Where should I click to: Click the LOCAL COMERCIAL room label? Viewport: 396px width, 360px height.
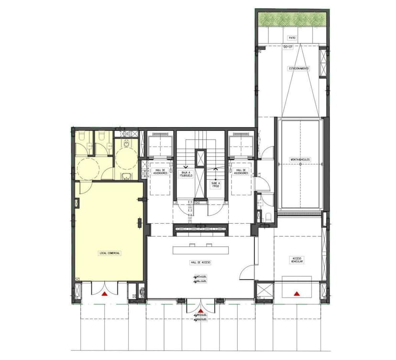click(110, 253)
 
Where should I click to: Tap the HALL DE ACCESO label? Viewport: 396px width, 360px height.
click(200, 263)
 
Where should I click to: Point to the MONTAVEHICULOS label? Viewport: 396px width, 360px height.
click(300, 159)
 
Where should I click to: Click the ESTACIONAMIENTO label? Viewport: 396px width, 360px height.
click(298, 68)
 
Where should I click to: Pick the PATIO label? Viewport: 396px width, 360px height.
click(291, 37)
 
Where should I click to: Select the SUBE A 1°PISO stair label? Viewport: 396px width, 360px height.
click(215, 185)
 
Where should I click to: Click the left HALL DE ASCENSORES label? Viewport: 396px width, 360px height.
click(159, 172)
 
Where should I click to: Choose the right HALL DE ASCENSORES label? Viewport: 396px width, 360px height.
click(241, 172)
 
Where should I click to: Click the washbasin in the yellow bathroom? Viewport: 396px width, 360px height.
click(126, 178)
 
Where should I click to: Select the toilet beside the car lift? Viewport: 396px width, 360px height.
click(268, 217)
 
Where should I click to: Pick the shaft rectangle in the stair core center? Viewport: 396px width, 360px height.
click(200, 158)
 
